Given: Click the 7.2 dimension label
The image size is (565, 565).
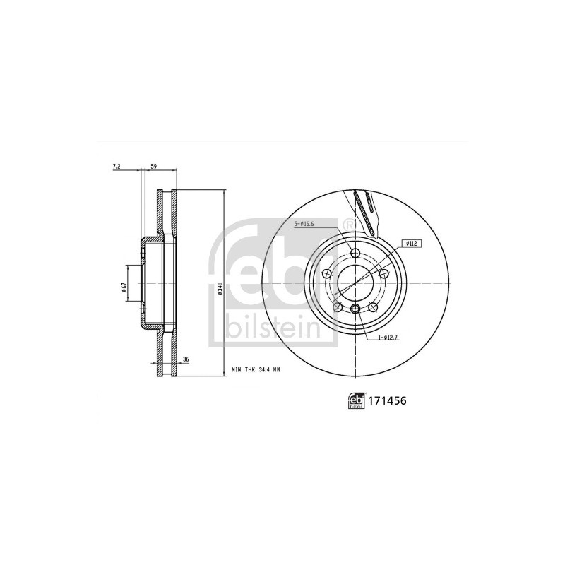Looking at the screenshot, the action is (x=117, y=167).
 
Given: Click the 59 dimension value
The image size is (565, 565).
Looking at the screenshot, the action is (x=153, y=167).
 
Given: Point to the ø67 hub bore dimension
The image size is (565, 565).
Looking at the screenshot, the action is (x=123, y=287).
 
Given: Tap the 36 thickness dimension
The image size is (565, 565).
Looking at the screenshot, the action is (x=186, y=359).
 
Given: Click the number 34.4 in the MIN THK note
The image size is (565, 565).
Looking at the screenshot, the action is (x=265, y=369).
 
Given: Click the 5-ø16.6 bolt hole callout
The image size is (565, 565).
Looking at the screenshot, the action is (x=304, y=224).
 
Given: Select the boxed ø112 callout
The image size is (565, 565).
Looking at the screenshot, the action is (x=411, y=244).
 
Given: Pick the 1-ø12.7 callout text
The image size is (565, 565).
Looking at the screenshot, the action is (x=388, y=338).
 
